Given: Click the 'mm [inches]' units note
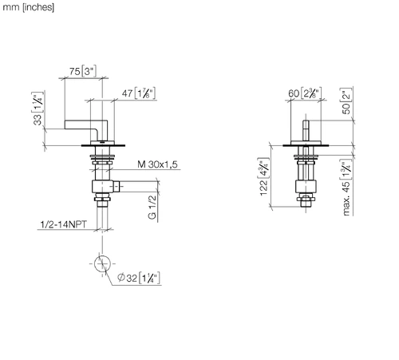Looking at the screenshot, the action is pos(28,7).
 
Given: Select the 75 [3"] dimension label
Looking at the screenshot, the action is pos(83,71).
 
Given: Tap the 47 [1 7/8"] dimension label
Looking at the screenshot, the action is pos(139,93).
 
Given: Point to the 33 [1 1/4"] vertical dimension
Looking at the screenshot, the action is pos(38,109).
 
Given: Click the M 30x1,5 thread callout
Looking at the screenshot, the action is pos(157,164).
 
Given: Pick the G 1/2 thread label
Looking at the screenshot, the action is pos(152,207).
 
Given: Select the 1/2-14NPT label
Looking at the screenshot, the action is pos(63,224).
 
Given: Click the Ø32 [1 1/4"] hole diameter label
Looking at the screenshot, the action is pos(139,278).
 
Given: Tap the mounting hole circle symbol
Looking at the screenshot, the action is pos(102,263).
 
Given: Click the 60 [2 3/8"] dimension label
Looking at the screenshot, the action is pos(305,93).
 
